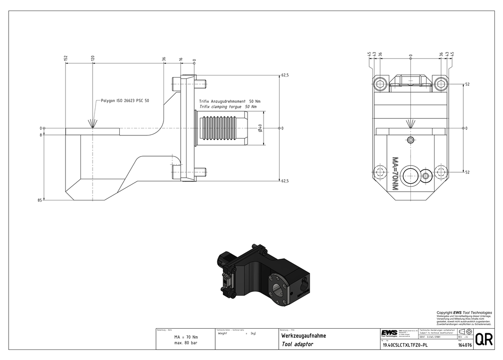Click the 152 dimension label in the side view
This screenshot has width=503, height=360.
point(65,59)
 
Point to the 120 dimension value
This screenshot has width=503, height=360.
point(93,59)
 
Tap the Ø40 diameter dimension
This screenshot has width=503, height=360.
point(259,128)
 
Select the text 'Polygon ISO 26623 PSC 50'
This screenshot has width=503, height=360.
point(125,101)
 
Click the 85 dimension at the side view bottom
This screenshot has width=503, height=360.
point(39,200)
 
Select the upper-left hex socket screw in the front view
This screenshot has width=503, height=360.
point(380,85)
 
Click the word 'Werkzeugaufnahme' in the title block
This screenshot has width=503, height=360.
point(303,335)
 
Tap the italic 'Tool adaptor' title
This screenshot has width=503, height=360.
point(296,344)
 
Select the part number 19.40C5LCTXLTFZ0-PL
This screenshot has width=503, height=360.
point(405,345)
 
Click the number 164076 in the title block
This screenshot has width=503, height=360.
point(465,345)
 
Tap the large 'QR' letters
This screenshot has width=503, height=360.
point(483,339)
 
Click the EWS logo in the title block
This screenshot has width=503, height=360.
point(389,333)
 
